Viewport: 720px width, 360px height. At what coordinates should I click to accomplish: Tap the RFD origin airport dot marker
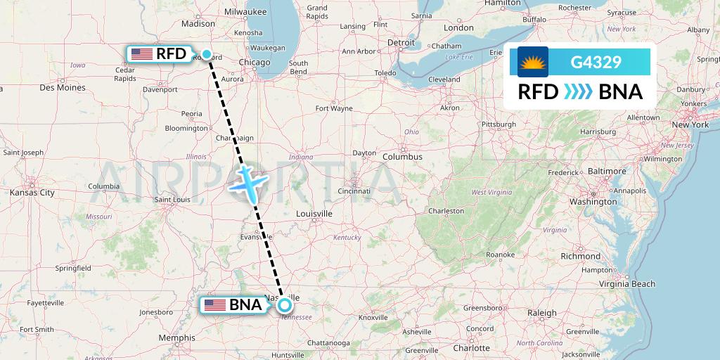[207, 54]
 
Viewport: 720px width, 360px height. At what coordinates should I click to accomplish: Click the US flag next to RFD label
[141, 54]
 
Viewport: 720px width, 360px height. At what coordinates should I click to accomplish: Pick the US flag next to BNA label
[214, 305]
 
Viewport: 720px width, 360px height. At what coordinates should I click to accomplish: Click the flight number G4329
[596, 62]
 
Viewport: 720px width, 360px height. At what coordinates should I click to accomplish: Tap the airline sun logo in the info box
[532, 62]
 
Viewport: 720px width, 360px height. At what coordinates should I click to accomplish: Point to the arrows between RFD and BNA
[579, 92]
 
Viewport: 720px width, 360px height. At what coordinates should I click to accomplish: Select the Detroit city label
[401, 43]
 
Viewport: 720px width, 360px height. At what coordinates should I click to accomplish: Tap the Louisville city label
[314, 213]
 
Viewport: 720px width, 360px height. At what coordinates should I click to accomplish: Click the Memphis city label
[177, 337]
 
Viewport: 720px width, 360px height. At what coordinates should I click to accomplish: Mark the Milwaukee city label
[245, 12]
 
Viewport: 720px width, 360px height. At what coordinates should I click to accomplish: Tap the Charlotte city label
[471, 348]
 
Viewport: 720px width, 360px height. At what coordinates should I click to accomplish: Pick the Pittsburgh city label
[499, 124]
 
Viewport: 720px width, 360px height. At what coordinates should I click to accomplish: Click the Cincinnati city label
[354, 191]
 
